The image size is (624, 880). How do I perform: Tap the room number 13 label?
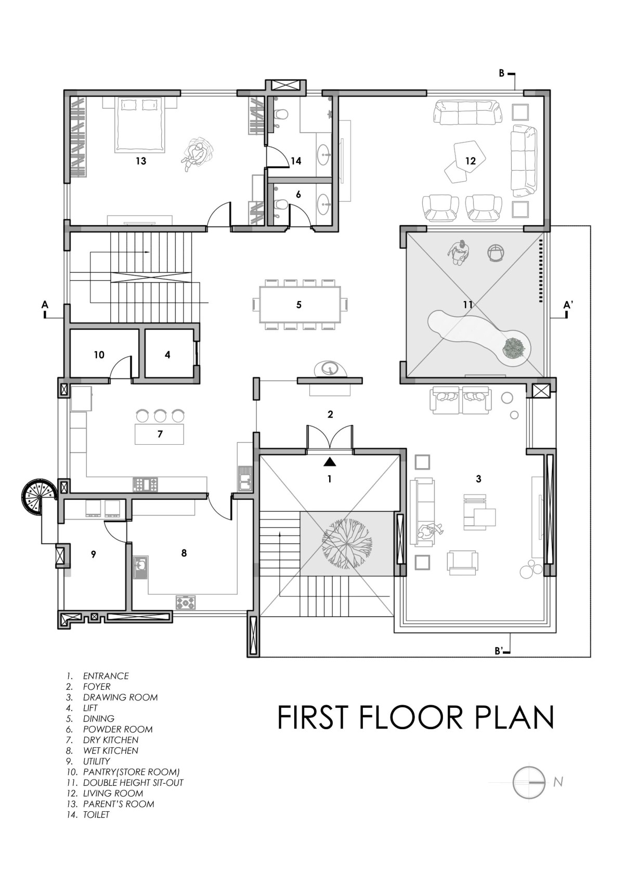coord(140,161)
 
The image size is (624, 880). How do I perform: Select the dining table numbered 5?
coord(300,304)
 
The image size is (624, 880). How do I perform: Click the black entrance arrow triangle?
coord(330,462)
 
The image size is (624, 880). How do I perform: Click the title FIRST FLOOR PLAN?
coord(416,717)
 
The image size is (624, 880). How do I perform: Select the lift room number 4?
coord(167,355)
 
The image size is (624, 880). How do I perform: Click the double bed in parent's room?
coord(139,125)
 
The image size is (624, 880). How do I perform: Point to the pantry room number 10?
coord(99,355)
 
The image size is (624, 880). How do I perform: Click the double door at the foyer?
coord(330,438)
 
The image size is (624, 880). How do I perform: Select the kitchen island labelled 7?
coord(160,434)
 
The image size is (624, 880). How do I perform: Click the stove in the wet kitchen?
coord(185,602)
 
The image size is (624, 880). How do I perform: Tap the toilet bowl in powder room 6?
coord(281,204)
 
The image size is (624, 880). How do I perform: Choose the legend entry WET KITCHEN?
coord(111,750)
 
